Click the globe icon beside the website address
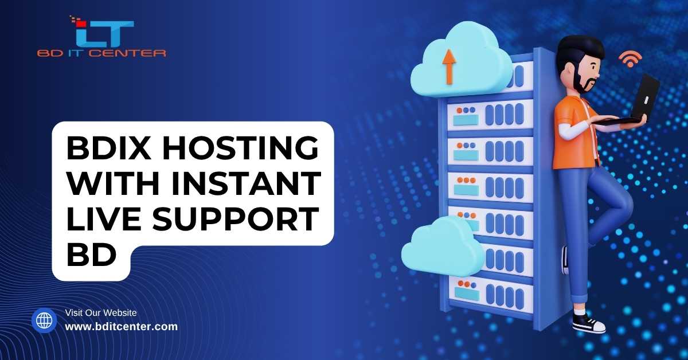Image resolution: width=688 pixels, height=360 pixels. pyautogui.click(x=44, y=320)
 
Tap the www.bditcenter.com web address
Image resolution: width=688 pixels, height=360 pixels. pyautogui.click(x=122, y=327)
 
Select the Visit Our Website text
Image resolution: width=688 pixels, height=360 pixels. pyautogui.click(x=101, y=313)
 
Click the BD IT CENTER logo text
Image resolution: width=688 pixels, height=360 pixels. pyautogui.click(x=101, y=53)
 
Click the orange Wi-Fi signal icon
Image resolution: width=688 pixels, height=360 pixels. pyautogui.click(x=630, y=58)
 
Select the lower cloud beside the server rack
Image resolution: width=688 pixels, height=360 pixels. pyautogui.click(x=442, y=248)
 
